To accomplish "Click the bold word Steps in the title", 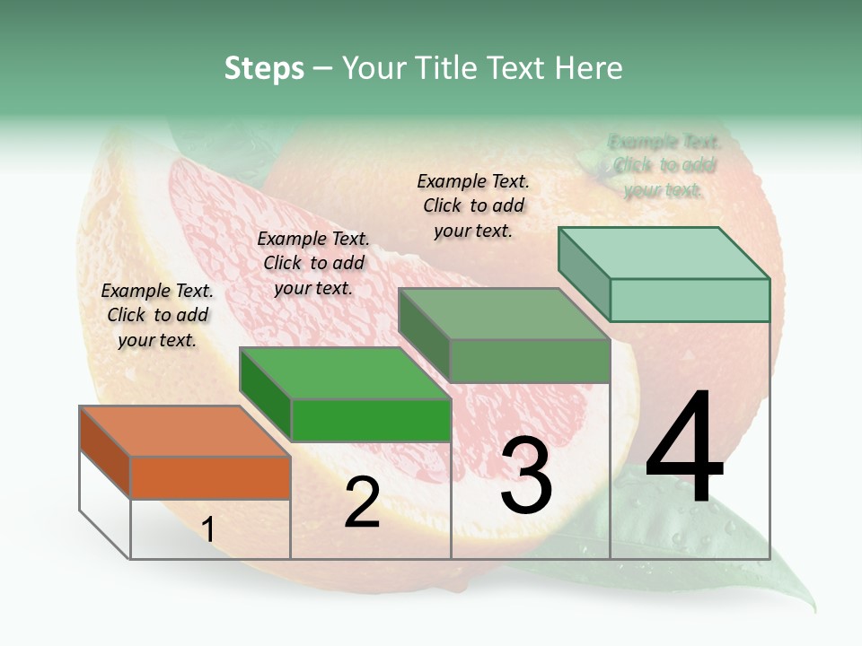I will (x=264, y=68).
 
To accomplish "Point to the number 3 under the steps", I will (x=526, y=476).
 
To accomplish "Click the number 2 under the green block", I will (x=362, y=502).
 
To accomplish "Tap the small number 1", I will (x=207, y=530).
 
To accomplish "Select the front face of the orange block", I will (x=210, y=477).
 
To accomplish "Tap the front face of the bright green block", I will (x=371, y=420).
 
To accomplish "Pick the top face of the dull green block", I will (x=504, y=314).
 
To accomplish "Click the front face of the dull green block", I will (x=530, y=361).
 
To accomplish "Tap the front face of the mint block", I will (x=690, y=300).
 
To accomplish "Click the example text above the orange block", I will (x=157, y=315).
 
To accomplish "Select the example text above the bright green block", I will (x=313, y=263).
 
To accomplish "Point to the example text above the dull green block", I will (x=473, y=205).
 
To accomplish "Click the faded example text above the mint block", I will (x=664, y=166).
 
